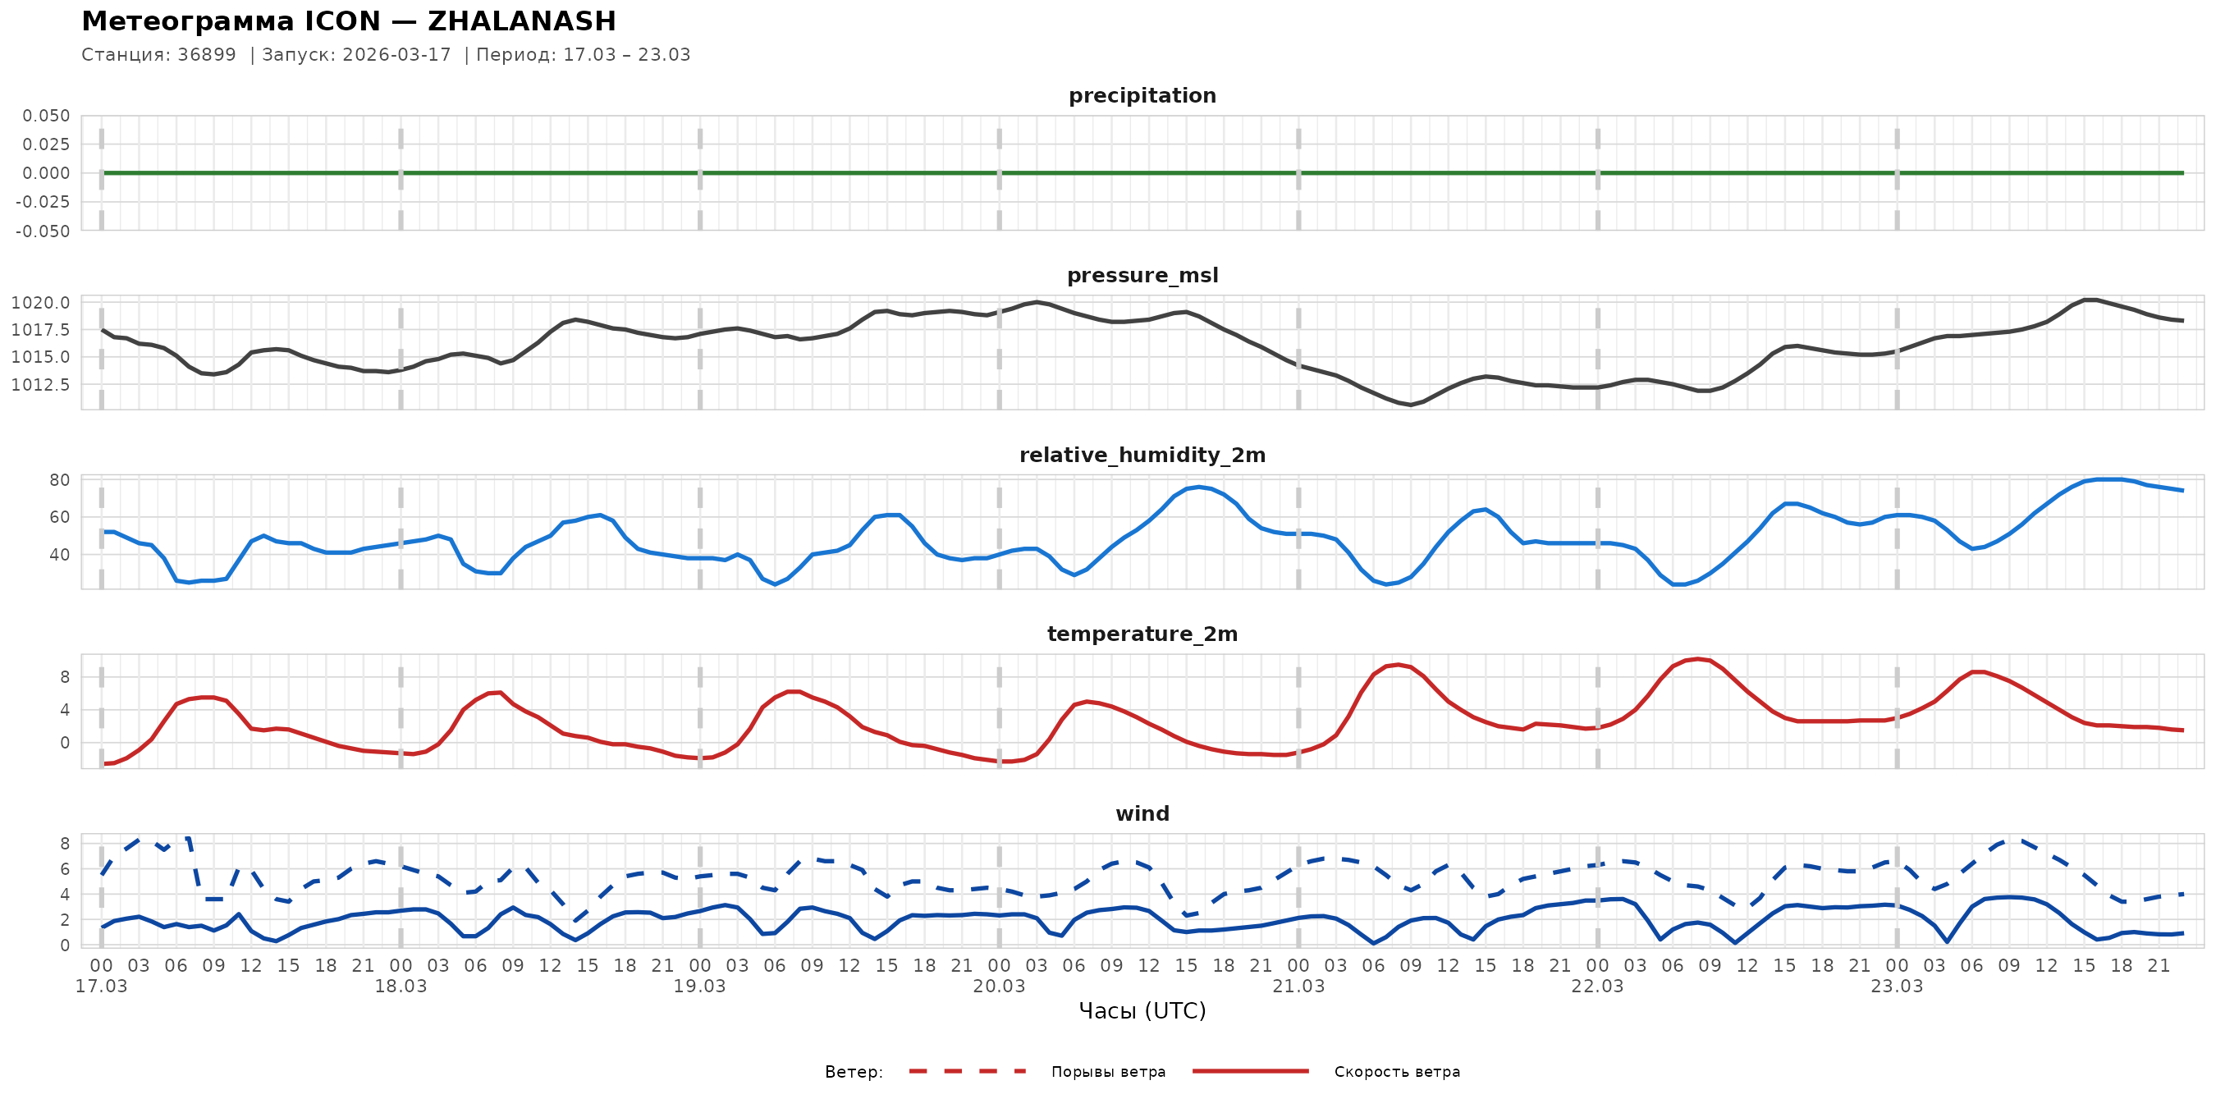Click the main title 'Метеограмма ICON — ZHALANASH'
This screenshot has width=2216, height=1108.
point(348,21)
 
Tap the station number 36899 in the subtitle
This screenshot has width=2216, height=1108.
point(207,55)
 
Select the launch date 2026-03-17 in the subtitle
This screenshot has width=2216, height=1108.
point(396,55)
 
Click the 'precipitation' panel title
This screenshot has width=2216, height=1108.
point(1142,95)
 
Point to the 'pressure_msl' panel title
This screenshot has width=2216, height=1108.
point(1142,275)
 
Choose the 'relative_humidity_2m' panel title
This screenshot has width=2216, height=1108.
point(1142,455)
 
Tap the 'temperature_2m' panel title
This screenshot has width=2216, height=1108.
point(1142,634)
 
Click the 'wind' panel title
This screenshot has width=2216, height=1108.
point(1142,814)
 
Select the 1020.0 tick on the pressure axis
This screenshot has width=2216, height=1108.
point(40,303)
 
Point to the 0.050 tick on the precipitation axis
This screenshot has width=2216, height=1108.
point(47,116)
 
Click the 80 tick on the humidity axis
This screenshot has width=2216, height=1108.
point(59,481)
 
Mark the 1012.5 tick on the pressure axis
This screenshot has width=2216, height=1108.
point(40,385)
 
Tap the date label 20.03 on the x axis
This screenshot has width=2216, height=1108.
point(999,987)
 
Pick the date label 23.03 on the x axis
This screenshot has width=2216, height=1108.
point(1896,987)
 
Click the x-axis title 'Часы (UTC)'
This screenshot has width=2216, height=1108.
point(1142,1011)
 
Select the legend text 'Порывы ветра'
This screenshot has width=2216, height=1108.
point(1108,1072)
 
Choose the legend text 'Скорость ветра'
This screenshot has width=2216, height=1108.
point(1396,1072)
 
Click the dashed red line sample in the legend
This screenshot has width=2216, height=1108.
point(968,1071)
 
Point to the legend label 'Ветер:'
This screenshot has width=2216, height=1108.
point(854,1072)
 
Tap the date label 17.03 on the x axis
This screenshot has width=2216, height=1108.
point(102,987)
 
